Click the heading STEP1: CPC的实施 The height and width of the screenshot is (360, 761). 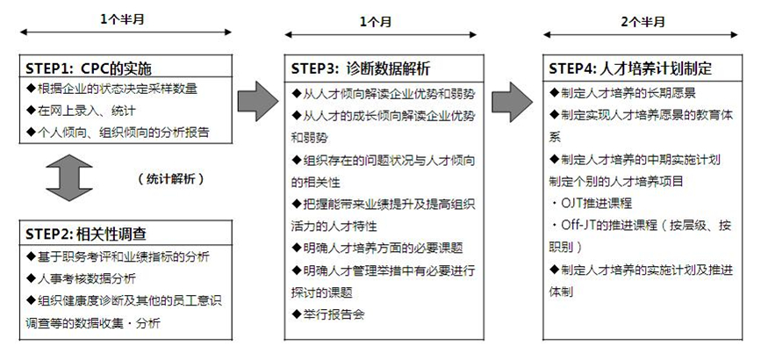click(x=89, y=68)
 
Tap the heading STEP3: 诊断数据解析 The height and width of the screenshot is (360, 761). click(x=360, y=68)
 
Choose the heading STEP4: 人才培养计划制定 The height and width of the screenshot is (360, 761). click(x=629, y=68)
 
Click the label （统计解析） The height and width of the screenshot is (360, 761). click(x=171, y=178)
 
